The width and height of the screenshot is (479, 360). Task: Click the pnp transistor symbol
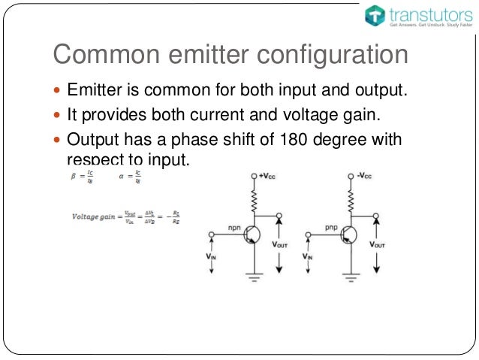[x=347, y=235]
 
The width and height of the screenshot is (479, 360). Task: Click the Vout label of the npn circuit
[x=279, y=245]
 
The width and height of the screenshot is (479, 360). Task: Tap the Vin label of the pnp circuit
[x=307, y=256]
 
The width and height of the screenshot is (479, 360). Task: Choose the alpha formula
[x=131, y=177]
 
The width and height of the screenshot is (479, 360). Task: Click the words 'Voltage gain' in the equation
[x=95, y=216]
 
